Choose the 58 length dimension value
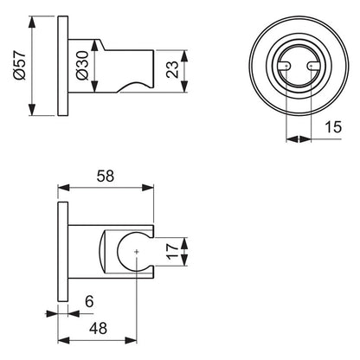[x=106, y=176]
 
